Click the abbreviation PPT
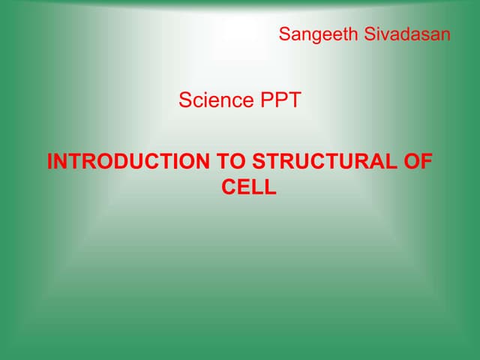click(x=280, y=100)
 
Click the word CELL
click(x=249, y=187)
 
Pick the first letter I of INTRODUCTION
click(x=49, y=162)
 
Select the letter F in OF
click(x=428, y=162)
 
